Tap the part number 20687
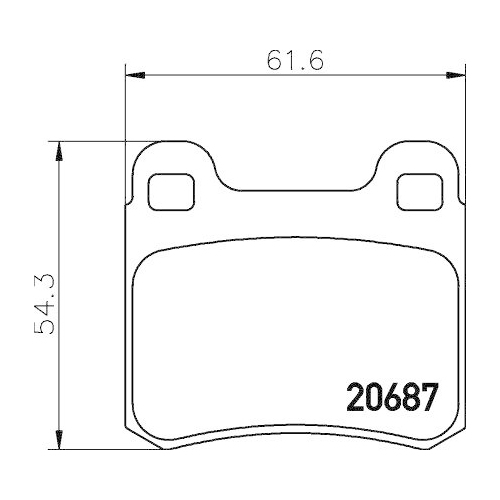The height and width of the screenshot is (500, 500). (392, 398)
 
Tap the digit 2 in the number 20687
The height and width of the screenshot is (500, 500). (356, 398)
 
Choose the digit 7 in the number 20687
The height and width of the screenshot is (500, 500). (429, 398)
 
